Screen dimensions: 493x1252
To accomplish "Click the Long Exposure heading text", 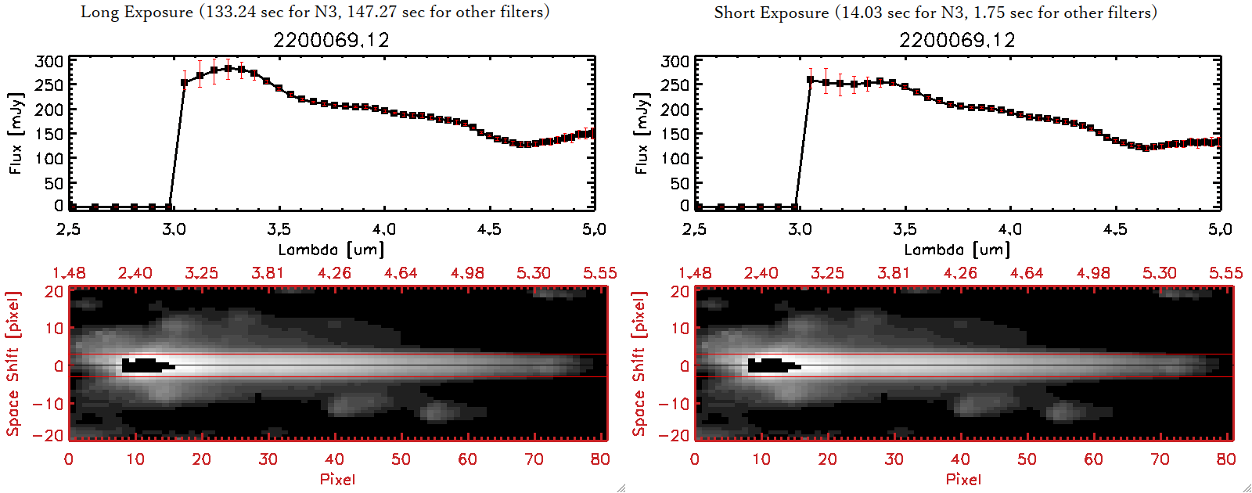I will pyautogui.click(x=315, y=12).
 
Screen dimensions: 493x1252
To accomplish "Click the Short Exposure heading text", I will pyautogui.click(x=935, y=13).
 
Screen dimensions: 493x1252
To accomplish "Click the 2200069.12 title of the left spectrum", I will pyautogui.click(x=331, y=41).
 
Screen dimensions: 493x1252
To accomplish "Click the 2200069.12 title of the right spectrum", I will pyautogui.click(x=957, y=41).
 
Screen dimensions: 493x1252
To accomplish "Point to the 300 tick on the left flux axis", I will pyautogui.click(x=49, y=61).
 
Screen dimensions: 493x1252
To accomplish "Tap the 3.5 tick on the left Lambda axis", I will pyautogui.click(x=279, y=229).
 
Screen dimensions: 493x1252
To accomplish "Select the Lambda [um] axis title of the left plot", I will pyautogui.click(x=331, y=250).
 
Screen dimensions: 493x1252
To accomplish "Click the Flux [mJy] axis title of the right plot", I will pyautogui.click(x=642, y=133).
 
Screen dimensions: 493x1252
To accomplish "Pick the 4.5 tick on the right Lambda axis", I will pyautogui.click(x=1115, y=229).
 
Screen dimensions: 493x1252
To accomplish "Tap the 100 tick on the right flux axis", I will pyautogui.click(x=675, y=158).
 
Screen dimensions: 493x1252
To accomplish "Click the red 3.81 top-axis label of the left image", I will pyautogui.click(x=268, y=273).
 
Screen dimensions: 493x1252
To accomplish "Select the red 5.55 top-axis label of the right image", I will pyautogui.click(x=1225, y=273).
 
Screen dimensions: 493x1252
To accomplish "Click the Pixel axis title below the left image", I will pyautogui.click(x=337, y=479).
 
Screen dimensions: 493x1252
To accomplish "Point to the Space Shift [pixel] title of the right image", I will pyautogui.click(x=639, y=364).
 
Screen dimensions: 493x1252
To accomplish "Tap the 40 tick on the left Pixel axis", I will pyautogui.click(x=334, y=459).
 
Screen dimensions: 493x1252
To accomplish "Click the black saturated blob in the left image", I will pyautogui.click(x=144, y=365).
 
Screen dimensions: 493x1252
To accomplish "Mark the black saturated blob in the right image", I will pyautogui.click(x=770, y=365).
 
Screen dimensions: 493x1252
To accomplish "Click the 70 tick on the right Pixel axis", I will pyautogui.click(x=1160, y=459).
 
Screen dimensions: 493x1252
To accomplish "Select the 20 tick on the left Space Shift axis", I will pyautogui.click(x=53, y=292).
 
